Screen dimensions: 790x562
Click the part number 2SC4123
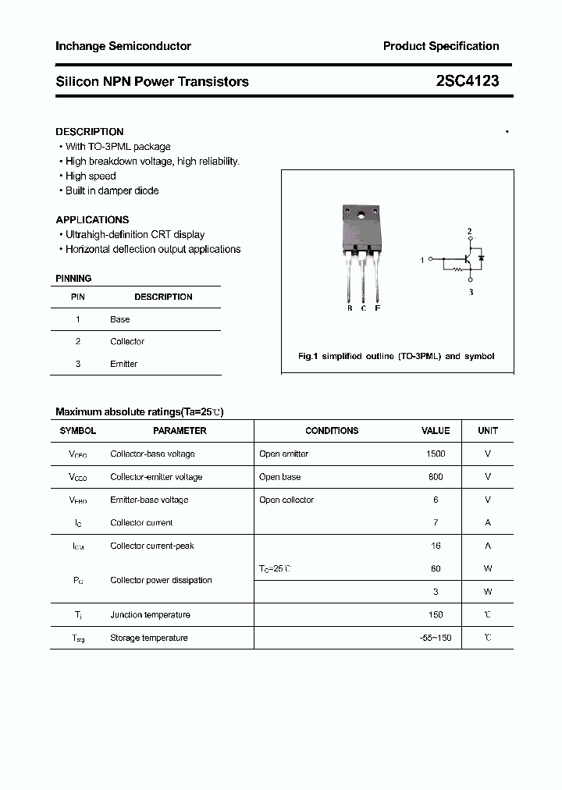468,81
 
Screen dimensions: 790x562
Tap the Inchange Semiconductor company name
123,46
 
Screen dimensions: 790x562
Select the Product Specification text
441,46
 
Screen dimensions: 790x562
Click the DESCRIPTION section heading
90,132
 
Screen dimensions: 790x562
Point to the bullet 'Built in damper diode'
112,190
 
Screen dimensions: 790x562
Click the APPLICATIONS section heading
92,220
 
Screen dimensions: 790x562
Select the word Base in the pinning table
120,319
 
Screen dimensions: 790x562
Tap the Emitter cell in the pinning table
123,364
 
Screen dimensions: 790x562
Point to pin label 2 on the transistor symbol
469,232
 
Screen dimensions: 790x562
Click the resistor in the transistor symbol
457,269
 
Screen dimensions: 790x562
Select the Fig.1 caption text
397,356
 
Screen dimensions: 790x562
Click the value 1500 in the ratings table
436,454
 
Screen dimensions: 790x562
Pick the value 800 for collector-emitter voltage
436,477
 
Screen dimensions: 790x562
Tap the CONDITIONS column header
332,431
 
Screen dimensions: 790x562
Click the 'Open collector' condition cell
286,500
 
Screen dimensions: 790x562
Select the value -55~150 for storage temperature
436,638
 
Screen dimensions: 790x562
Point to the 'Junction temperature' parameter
150,615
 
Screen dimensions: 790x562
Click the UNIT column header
488,431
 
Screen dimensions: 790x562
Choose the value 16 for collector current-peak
436,546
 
